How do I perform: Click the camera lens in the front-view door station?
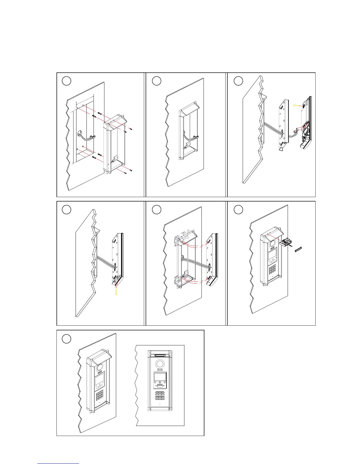point(160,362)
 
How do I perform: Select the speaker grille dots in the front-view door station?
point(160,369)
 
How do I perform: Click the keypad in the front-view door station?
point(160,395)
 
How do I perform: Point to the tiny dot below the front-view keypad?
point(160,404)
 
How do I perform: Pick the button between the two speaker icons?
point(160,386)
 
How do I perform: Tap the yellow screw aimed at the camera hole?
point(296,105)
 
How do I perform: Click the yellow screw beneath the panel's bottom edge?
point(117,292)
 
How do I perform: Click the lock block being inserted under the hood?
point(284,242)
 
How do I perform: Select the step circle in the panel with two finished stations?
point(67,339)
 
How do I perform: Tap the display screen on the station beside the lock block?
point(272,253)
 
